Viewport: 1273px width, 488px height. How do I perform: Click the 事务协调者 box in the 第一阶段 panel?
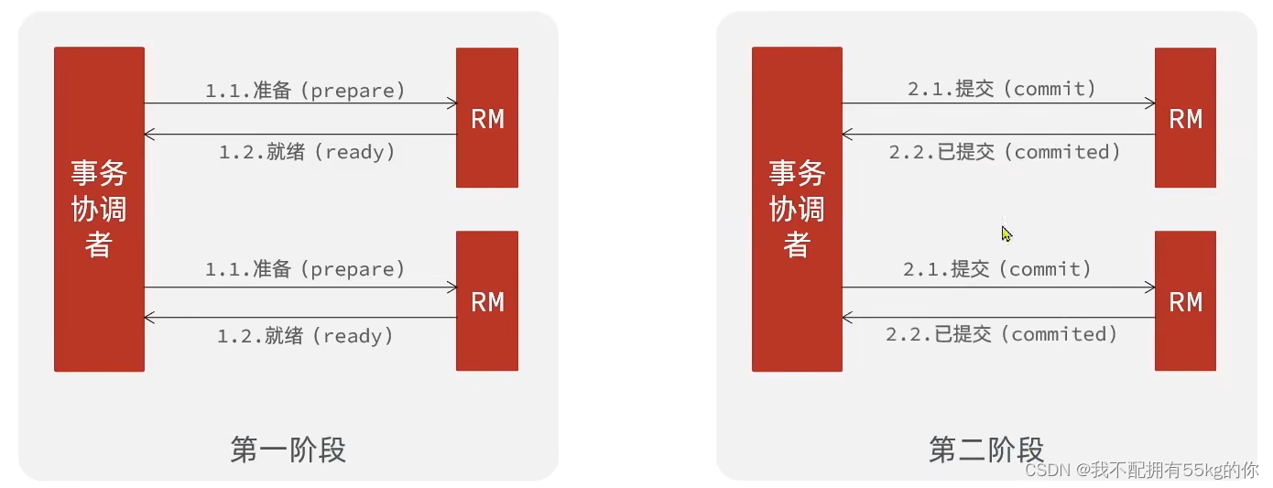coord(99,209)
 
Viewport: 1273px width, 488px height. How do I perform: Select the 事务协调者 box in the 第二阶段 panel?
coord(797,209)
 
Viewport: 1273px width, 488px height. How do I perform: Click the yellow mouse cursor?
coord(1006,234)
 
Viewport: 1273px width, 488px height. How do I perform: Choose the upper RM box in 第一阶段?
coord(487,118)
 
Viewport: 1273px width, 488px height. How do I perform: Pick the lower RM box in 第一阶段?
coord(487,301)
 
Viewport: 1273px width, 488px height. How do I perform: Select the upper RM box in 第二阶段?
coord(1185,118)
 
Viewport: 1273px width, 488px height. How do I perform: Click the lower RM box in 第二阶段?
coord(1185,301)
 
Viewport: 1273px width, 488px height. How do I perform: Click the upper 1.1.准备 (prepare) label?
coord(305,91)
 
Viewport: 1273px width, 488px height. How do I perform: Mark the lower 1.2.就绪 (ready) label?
coord(305,336)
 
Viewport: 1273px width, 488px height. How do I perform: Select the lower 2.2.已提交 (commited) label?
coord(1002,334)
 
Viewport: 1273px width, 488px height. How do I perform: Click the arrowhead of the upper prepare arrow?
coord(452,103)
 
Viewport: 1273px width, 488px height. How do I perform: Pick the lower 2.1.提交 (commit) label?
coord(997,269)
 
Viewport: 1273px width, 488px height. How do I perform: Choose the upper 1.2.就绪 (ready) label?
coord(307,152)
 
